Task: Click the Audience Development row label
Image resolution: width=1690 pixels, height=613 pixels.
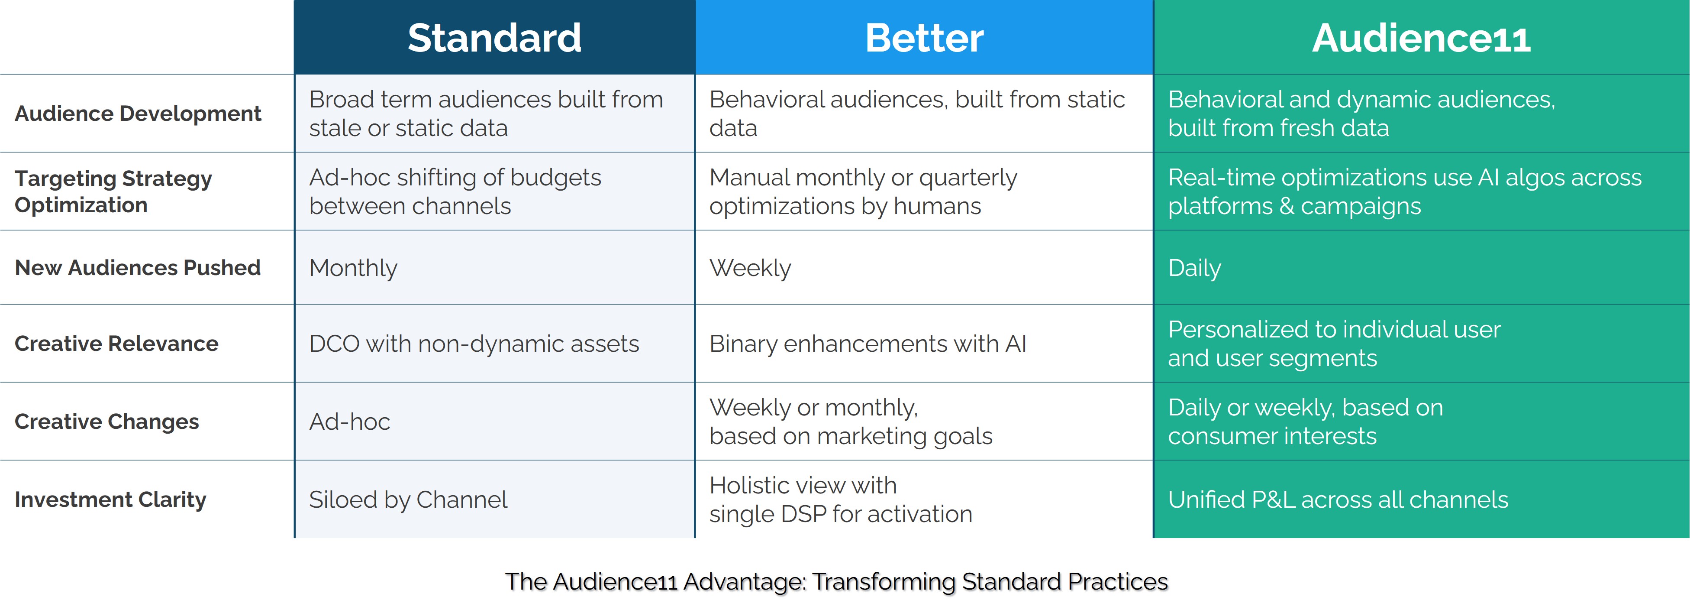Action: [138, 114]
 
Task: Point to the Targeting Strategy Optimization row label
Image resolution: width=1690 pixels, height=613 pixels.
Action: [113, 191]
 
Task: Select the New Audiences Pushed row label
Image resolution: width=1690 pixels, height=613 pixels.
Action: [138, 268]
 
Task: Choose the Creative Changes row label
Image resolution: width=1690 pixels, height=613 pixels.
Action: [106, 422]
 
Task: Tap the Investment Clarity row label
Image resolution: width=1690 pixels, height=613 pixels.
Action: [110, 499]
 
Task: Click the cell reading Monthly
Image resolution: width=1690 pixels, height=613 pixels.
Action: [353, 268]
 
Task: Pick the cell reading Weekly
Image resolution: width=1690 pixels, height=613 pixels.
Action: [750, 268]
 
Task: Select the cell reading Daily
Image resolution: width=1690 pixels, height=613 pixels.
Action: [1194, 268]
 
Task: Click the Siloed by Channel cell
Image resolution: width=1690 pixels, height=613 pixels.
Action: [408, 500]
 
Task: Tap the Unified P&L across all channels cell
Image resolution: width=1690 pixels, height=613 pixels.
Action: [1338, 500]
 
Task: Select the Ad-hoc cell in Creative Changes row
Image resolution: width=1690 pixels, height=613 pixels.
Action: [350, 422]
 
